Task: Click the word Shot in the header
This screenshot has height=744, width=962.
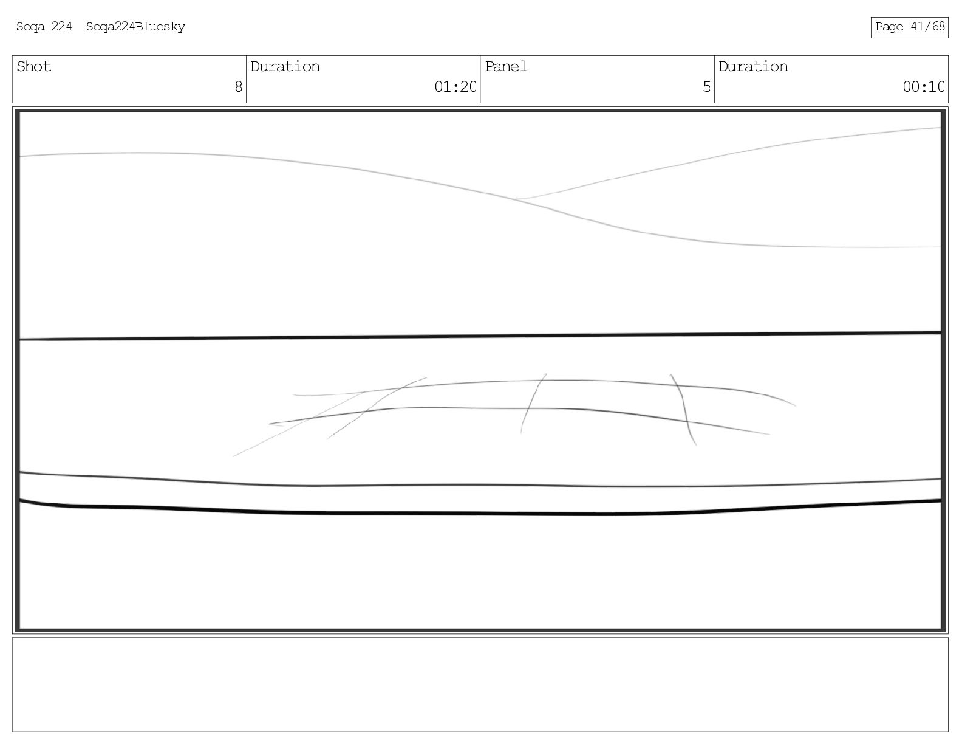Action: pyautogui.click(x=33, y=66)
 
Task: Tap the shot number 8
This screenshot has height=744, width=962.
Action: pyautogui.click(x=238, y=87)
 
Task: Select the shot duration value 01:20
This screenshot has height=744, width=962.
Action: pyautogui.click(x=455, y=87)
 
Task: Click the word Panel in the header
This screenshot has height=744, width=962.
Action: pyautogui.click(x=506, y=66)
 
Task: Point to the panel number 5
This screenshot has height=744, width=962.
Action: pyautogui.click(x=706, y=87)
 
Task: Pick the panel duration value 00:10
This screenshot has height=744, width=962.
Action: pyautogui.click(x=923, y=87)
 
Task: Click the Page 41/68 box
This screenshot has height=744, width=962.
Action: pyautogui.click(x=909, y=27)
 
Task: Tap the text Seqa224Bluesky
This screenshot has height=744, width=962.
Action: pyautogui.click(x=135, y=27)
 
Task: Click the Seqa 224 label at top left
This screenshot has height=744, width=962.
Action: pyautogui.click(x=44, y=27)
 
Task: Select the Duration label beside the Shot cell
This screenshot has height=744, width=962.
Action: pyautogui.click(x=285, y=66)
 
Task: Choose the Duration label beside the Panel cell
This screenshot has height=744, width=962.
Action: pyautogui.click(x=753, y=66)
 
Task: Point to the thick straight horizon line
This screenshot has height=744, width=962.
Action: pyautogui.click(x=480, y=336)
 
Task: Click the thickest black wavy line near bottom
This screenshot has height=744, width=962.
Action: pyautogui.click(x=480, y=513)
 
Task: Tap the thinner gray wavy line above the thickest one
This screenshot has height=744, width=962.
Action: pyautogui.click(x=480, y=485)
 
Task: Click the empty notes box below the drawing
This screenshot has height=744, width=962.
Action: pyautogui.click(x=480, y=684)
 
